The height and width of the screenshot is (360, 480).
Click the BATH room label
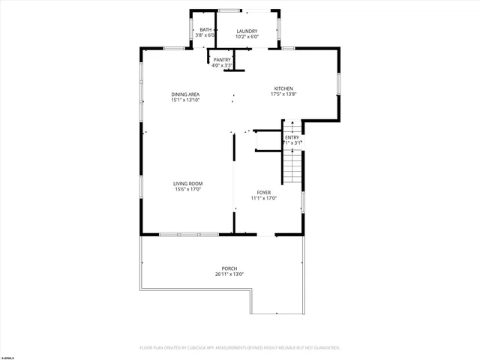[x=205, y=30]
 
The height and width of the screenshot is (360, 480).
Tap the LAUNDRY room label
[x=247, y=31]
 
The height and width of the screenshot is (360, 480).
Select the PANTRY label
[x=222, y=60]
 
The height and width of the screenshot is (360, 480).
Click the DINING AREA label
[x=185, y=94]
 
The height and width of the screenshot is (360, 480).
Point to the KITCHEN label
[x=283, y=88]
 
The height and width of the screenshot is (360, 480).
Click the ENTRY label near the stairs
[x=292, y=137]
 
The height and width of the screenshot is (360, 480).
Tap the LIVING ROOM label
[x=188, y=184]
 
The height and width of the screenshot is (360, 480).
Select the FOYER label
[x=264, y=193]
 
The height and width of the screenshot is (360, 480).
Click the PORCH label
[x=229, y=268]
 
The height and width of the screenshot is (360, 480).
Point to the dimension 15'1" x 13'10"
[x=185, y=100]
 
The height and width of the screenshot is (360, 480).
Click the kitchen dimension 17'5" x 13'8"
[x=283, y=94]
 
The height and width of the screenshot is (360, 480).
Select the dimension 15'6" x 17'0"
[x=188, y=189]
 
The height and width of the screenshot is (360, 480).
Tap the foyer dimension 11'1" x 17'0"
[x=264, y=198]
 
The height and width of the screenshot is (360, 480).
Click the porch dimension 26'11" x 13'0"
[x=229, y=274]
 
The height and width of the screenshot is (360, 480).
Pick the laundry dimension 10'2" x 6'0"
[x=247, y=36]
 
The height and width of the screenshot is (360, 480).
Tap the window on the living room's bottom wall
[x=188, y=235]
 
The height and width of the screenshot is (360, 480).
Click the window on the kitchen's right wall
[x=338, y=82]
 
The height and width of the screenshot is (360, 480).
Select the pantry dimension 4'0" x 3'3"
[x=222, y=65]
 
